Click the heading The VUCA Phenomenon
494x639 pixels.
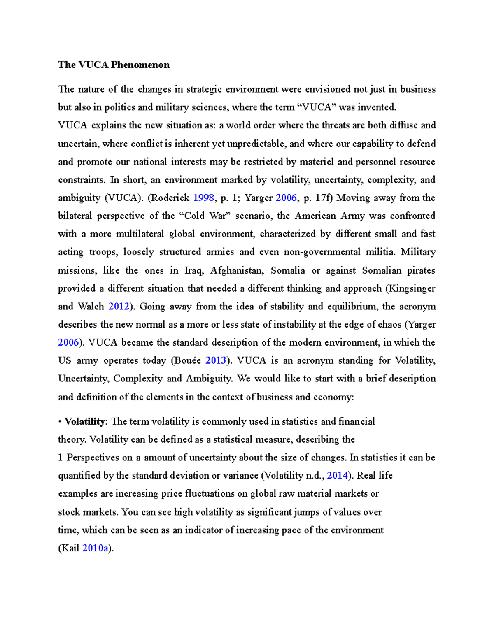tap(114, 65)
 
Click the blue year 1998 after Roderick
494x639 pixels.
tap(203, 198)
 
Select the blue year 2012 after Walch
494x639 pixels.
tap(118, 307)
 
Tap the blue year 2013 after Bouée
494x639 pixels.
tap(216, 361)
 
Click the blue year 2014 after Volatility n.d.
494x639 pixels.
tap(337, 476)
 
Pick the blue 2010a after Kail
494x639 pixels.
tap(96, 548)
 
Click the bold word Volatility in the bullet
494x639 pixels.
tap(85, 421)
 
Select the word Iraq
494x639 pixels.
tap(193, 270)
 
